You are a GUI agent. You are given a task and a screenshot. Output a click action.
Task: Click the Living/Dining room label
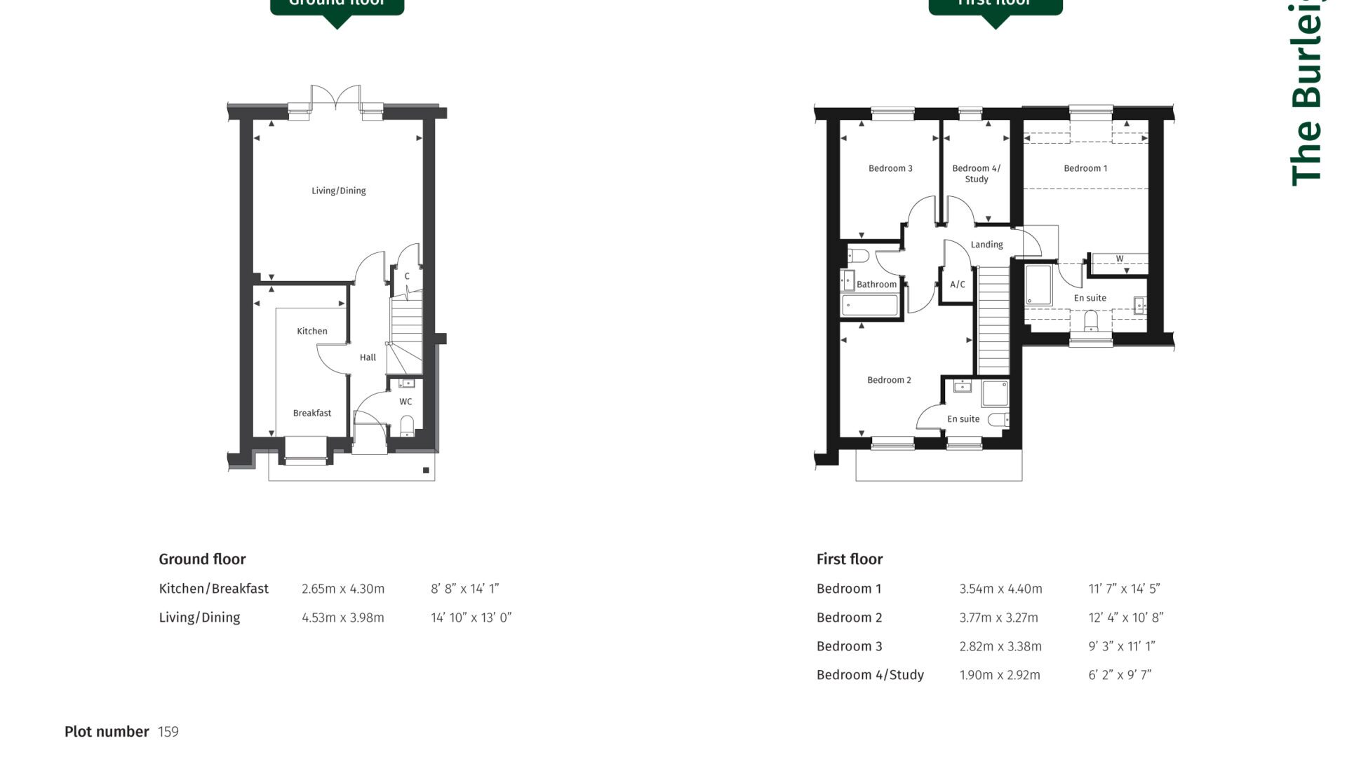pyautogui.click(x=338, y=191)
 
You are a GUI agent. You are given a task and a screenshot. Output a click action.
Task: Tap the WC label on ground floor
pyautogui.click(x=406, y=402)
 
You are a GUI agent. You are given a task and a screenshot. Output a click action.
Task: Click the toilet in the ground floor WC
pyautogui.click(x=407, y=425)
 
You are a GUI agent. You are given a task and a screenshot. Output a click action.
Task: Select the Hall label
pyautogui.click(x=368, y=357)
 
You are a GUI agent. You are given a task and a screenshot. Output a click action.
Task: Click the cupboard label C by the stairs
pyautogui.click(x=407, y=276)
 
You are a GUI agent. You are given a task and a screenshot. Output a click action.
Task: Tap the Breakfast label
pyautogui.click(x=312, y=413)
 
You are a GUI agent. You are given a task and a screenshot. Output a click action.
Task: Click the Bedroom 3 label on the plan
pyautogui.click(x=890, y=168)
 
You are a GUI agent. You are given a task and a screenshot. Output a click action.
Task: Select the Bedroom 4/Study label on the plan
pyautogui.click(x=976, y=173)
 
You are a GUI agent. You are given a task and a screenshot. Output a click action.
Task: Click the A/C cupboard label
pyautogui.click(x=958, y=285)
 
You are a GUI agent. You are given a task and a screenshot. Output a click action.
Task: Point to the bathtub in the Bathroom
pyautogui.click(x=869, y=305)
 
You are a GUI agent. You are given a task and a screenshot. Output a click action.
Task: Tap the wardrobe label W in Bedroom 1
pyautogui.click(x=1119, y=259)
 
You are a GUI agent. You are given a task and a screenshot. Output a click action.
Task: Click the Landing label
pyautogui.click(x=986, y=245)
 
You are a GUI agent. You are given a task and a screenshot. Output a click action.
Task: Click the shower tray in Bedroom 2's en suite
pyautogui.click(x=995, y=393)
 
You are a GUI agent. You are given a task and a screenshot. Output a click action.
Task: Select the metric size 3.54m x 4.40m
pyautogui.click(x=1000, y=589)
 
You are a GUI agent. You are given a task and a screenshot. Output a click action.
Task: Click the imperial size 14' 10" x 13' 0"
pyautogui.click(x=471, y=618)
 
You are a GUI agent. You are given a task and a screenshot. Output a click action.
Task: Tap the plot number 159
pyautogui.click(x=168, y=732)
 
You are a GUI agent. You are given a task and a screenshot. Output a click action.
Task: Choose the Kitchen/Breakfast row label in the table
pyautogui.click(x=213, y=589)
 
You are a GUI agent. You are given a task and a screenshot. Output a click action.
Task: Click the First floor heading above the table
pyautogui.click(x=849, y=559)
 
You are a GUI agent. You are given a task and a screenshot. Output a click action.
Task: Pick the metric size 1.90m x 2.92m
pyautogui.click(x=1000, y=675)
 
